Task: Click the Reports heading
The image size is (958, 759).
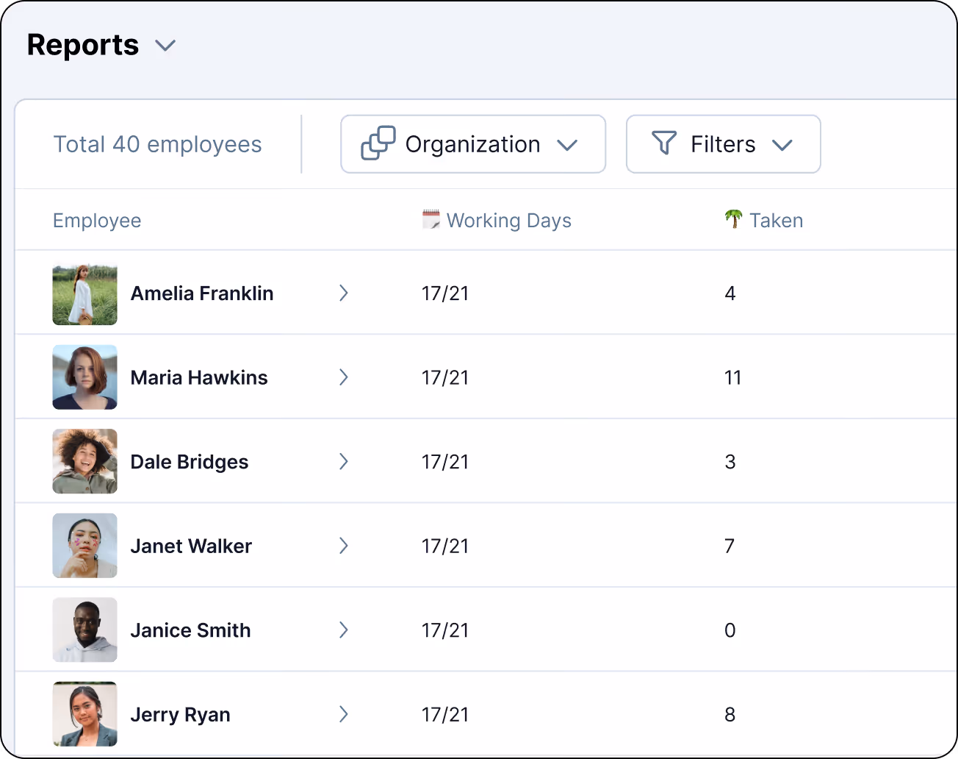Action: click(83, 45)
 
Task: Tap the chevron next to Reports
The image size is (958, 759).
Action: click(165, 46)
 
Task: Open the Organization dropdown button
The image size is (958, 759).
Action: click(473, 144)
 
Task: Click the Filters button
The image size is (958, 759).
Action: click(724, 144)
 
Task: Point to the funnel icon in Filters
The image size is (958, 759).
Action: click(663, 143)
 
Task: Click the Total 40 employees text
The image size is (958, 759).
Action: click(158, 144)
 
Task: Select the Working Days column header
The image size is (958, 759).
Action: click(509, 220)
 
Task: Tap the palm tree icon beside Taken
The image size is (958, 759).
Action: click(734, 219)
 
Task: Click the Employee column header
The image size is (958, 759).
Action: click(97, 220)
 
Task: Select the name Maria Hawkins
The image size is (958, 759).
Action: click(199, 377)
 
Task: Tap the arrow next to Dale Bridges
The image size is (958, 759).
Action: click(343, 461)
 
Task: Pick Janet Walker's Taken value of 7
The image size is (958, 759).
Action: click(730, 546)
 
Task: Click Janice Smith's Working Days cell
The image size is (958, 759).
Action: click(445, 630)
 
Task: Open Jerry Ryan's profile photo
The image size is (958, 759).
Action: click(85, 714)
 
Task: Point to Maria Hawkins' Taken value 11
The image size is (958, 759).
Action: click(732, 377)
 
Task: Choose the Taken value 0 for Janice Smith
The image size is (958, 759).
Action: click(730, 630)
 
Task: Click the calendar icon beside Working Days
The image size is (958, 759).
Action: click(431, 219)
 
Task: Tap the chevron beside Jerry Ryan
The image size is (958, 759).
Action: click(343, 714)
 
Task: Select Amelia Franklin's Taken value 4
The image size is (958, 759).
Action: click(730, 293)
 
